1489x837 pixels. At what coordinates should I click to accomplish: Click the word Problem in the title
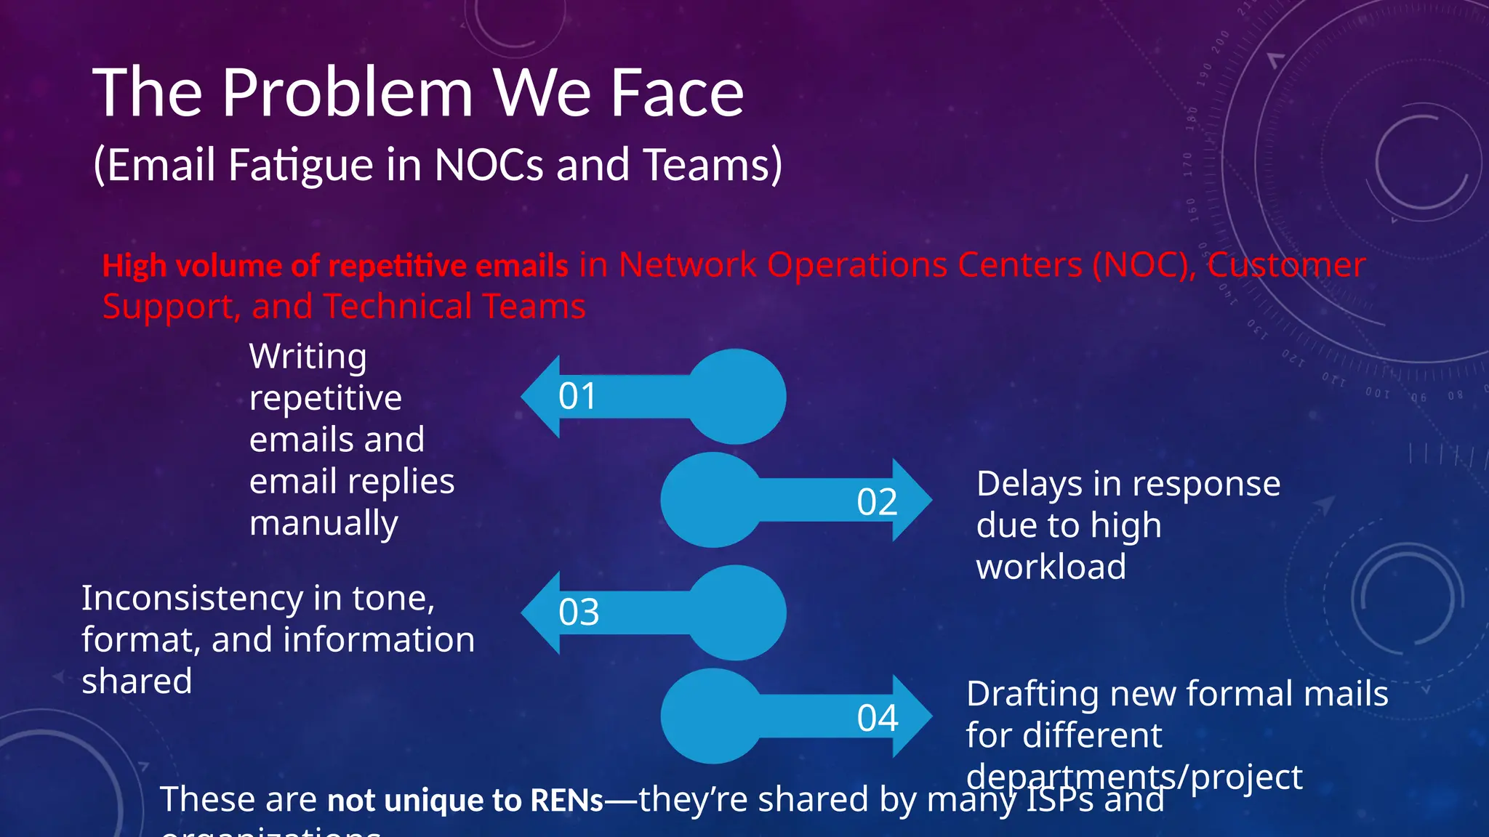click(x=348, y=93)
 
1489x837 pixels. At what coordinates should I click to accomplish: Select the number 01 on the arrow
click(x=577, y=397)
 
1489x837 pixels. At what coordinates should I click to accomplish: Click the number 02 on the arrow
click(x=877, y=502)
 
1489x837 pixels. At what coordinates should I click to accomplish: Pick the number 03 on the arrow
click(x=579, y=612)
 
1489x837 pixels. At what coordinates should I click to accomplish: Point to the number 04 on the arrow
click(x=878, y=719)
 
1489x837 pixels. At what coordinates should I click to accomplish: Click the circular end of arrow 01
click(x=737, y=397)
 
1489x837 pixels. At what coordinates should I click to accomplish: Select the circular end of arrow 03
click(x=737, y=612)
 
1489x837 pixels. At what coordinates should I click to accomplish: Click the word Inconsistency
click(x=192, y=599)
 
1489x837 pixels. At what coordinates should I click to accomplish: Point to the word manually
click(x=324, y=524)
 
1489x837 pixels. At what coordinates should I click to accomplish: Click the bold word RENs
click(x=566, y=801)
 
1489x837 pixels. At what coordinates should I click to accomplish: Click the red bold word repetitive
click(x=398, y=267)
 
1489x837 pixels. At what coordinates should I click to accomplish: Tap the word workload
click(x=1051, y=567)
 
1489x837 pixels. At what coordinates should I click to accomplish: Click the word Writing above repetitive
click(x=308, y=357)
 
